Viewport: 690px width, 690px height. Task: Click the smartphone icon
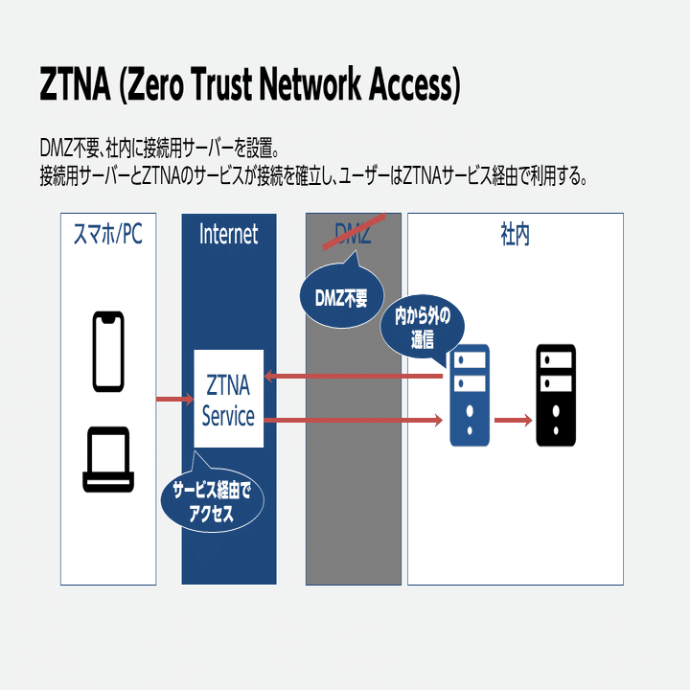[107, 352]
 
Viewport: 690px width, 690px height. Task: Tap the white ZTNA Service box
[228, 399]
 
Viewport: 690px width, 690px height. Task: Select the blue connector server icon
[470, 395]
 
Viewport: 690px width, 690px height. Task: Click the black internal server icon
[556, 395]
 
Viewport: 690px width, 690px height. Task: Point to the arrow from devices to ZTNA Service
[174, 399]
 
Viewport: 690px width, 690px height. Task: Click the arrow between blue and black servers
[513, 420]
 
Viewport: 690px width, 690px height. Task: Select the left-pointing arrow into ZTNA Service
[355, 376]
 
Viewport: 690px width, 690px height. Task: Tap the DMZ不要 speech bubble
[341, 297]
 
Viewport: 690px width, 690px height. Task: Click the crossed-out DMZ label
[353, 234]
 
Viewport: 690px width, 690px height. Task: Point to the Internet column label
[228, 234]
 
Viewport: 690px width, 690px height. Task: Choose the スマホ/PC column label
[107, 234]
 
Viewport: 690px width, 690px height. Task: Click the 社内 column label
[515, 234]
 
